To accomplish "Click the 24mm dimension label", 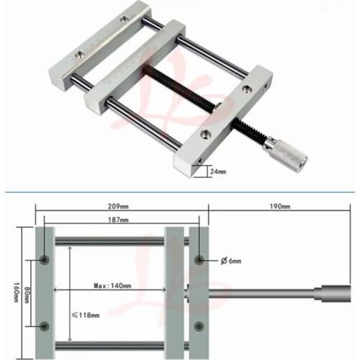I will pos(217,172).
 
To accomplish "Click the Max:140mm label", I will pos(112,285).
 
